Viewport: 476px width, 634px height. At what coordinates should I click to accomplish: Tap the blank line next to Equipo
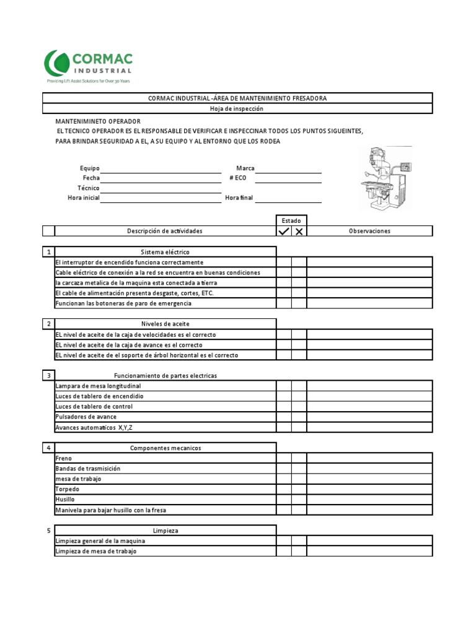point(161,168)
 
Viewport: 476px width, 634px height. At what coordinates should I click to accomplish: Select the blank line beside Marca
point(288,168)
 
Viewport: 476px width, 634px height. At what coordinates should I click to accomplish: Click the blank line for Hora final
point(288,198)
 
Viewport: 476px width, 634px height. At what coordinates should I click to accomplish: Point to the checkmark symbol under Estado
point(284,232)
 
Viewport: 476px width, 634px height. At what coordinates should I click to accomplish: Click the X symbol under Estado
point(299,232)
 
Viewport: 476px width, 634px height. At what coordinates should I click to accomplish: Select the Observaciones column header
point(369,231)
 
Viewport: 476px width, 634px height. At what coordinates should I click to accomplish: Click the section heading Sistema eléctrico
point(165,252)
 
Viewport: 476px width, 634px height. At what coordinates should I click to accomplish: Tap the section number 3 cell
point(48,376)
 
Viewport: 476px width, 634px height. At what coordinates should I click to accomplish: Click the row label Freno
point(64,458)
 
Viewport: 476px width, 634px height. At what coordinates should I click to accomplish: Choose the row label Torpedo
point(67,489)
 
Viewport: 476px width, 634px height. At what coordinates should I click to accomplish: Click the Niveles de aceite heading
point(165,324)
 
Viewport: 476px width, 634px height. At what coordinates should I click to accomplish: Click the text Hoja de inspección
point(237,108)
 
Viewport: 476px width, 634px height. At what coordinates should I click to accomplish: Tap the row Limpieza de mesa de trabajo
point(95,551)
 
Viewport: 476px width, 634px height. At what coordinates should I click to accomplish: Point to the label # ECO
point(238,178)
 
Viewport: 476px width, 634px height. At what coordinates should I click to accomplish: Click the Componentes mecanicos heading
point(165,448)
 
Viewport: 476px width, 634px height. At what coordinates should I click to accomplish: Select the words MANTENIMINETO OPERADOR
point(98,121)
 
